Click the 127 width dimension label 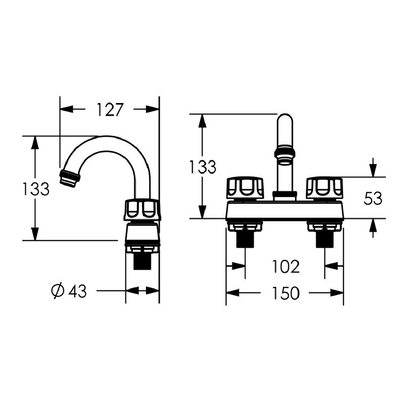[x=110, y=110]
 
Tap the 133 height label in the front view [x=203, y=167]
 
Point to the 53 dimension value [x=373, y=198]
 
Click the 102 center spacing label [x=286, y=267]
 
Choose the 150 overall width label [x=286, y=293]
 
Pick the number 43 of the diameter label [x=77, y=291]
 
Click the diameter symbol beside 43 [x=58, y=291]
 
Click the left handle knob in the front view [x=245, y=188]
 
